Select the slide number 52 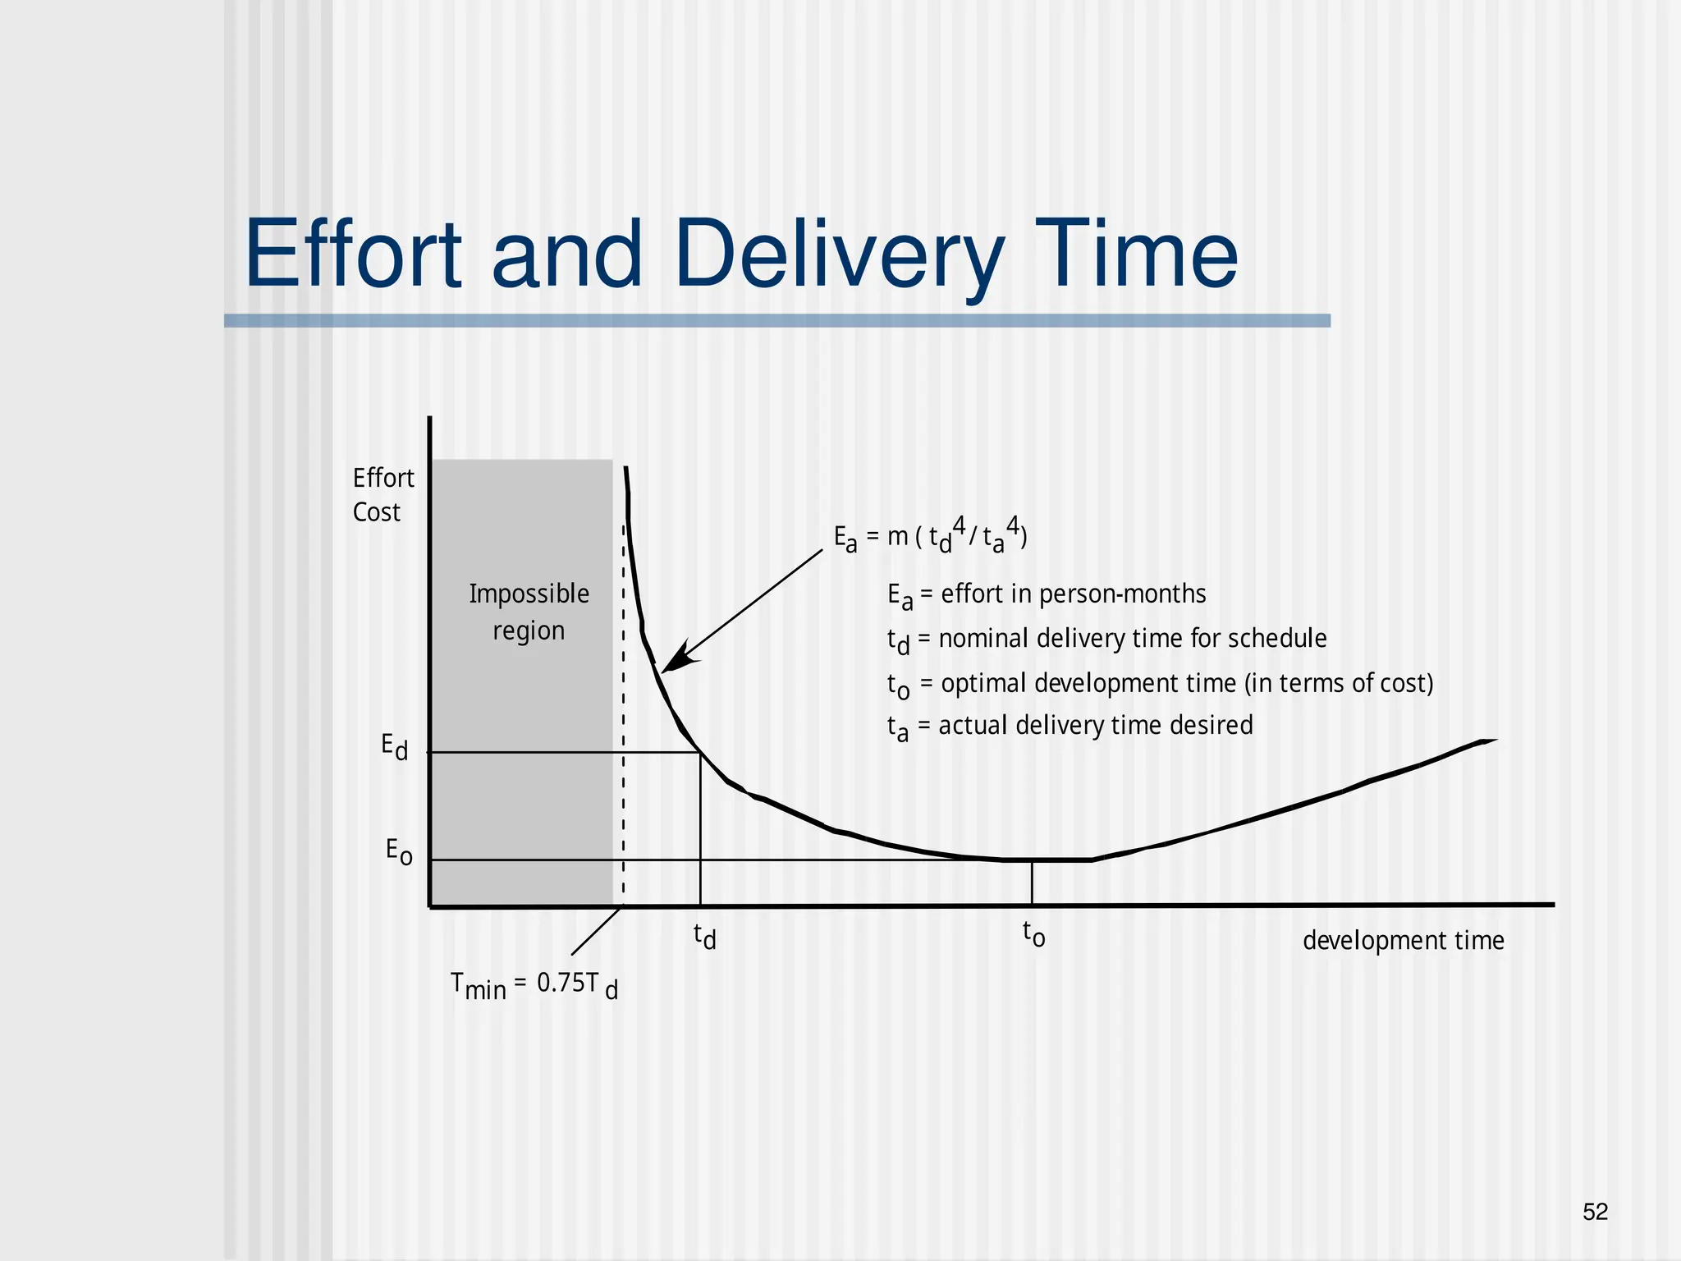(x=1595, y=1212)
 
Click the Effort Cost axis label (x=382, y=494)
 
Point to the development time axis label (x=1403, y=940)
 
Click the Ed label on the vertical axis (x=394, y=747)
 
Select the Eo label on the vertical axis (x=399, y=851)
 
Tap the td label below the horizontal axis (x=704, y=935)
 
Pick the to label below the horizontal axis (x=1033, y=933)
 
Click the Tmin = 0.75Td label (x=534, y=984)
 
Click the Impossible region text (x=529, y=612)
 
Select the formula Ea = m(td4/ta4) (x=930, y=537)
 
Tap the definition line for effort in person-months (x=1047, y=594)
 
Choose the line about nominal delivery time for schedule (x=1106, y=640)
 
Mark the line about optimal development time (x=1160, y=684)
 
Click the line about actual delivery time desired (x=1070, y=727)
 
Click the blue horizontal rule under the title (x=776, y=321)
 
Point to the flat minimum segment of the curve (x=1047, y=860)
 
